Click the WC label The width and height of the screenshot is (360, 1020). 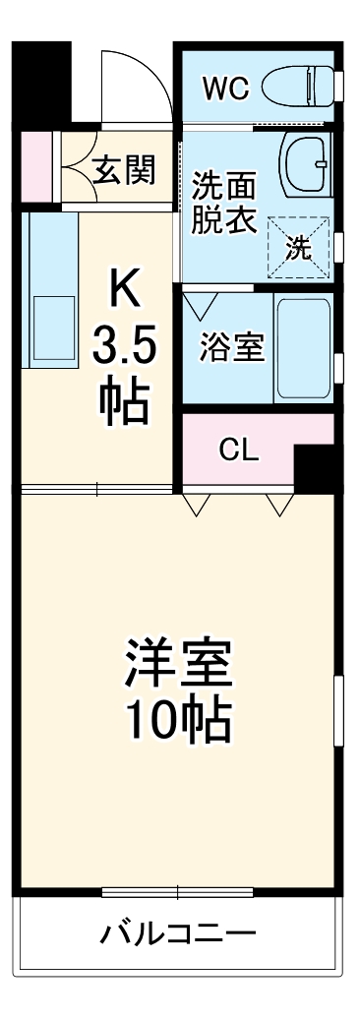click(x=225, y=88)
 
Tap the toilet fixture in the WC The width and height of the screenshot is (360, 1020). click(x=299, y=86)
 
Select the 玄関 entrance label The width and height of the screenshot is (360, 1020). click(x=124, y=171)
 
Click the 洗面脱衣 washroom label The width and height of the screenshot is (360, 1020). click(x=223, y=203)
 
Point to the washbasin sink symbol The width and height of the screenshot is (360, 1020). click(x=307, y=163)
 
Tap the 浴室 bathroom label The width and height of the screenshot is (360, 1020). click(x=232, y=349)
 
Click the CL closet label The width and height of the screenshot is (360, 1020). click(x=238, y=451)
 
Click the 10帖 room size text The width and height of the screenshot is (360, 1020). click(x=177, y=724)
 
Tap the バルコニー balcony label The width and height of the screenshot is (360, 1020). click(x=177, y=933)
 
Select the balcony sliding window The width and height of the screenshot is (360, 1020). click(x=177, y=893)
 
